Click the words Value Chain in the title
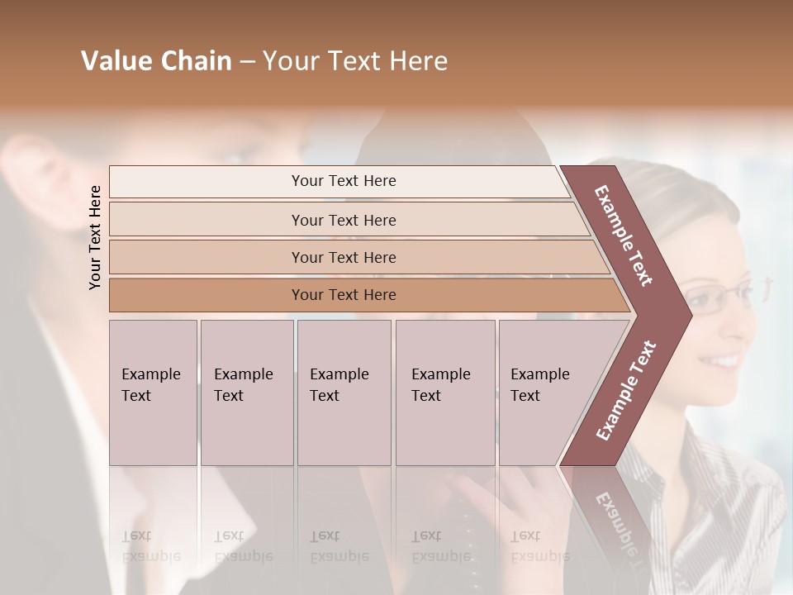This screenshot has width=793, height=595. coord(156,61)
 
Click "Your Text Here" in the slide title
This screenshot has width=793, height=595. coord(355,61)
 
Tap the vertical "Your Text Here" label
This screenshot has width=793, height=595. coord(95,237)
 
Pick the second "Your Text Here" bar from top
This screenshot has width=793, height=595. coord(344,220)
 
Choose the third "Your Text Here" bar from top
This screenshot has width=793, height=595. coord(344,257)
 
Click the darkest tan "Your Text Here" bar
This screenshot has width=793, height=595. coord(344,295)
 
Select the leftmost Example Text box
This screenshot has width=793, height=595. coord(153,392)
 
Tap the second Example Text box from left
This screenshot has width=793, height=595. coord(246,392)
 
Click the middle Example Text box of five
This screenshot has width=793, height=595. coord(344,392)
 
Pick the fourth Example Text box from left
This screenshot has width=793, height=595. coord(444,392)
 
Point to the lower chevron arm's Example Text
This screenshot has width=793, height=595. coord(626,390)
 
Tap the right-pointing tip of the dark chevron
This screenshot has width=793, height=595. coord(687,316)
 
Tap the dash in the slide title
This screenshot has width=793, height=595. coord(247,61)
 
